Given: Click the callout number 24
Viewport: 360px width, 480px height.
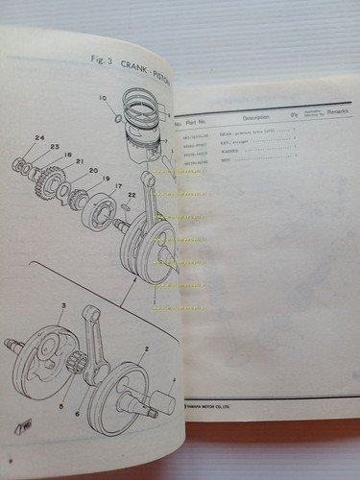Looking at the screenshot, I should coord(39,139).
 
